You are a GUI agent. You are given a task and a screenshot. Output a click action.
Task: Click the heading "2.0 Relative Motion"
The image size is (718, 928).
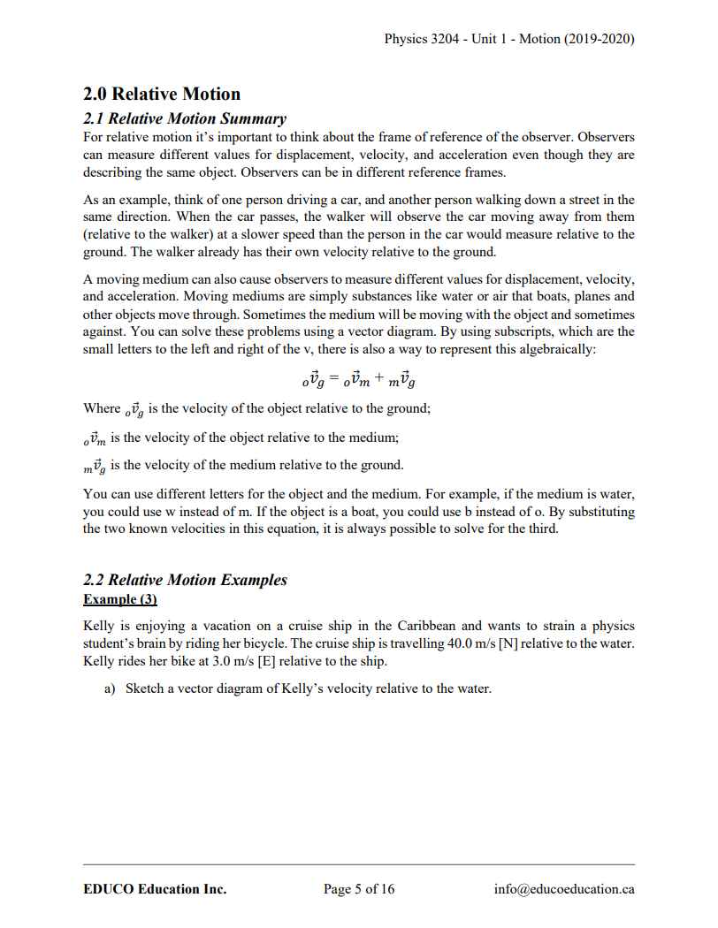coord(161,94)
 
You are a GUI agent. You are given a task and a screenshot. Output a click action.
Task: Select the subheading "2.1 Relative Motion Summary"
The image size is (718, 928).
coord(184,118)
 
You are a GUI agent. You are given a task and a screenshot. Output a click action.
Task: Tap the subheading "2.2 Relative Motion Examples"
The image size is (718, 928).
coord(185,580)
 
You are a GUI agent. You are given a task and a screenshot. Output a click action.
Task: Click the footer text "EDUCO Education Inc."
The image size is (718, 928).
coord(155,889)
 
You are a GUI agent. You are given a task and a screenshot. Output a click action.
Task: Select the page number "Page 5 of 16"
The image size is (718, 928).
coord(359,889)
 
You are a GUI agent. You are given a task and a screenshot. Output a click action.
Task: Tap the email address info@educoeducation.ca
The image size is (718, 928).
coord(564,889)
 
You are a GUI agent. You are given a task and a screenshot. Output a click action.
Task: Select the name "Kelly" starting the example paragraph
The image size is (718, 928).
coord(99,626)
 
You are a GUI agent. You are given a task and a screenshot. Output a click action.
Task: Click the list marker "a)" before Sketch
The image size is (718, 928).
coord(111,688)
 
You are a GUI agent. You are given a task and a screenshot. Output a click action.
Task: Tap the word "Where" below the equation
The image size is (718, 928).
coord(101,408)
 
